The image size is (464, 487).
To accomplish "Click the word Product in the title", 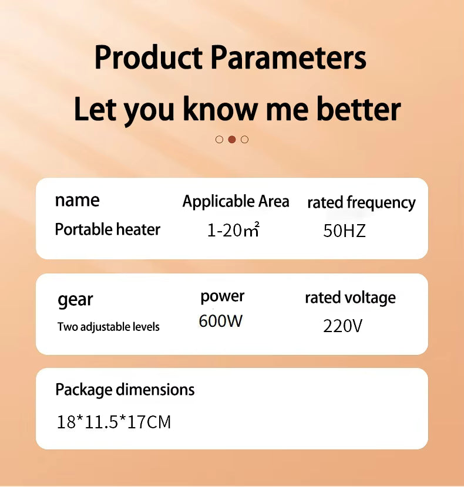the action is coord(149,57).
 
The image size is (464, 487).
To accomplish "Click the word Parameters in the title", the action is coord(288,57).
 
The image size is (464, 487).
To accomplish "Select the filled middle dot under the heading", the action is coord(231,140).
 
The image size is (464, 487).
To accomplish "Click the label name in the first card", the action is coord(77,200).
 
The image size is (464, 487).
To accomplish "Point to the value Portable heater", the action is coord(107,229).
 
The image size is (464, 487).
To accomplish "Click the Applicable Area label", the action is coord(236,202).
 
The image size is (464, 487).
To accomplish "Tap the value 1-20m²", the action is coord(233,230).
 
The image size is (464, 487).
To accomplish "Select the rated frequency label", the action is coord(361,203).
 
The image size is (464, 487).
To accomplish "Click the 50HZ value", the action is coord(344,231).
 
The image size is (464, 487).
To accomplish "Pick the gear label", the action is coord(75,300).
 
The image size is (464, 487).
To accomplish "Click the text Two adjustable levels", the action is coord(108,327).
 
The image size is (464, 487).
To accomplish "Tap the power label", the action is coord(223,297).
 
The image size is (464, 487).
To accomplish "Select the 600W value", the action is coord(220,321).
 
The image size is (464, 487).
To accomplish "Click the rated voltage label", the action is coord(350,298).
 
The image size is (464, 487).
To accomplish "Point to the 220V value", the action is coord(342,326).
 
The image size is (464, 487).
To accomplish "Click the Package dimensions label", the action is coord(125,390).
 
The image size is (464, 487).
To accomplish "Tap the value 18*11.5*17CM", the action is coord(114,422).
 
